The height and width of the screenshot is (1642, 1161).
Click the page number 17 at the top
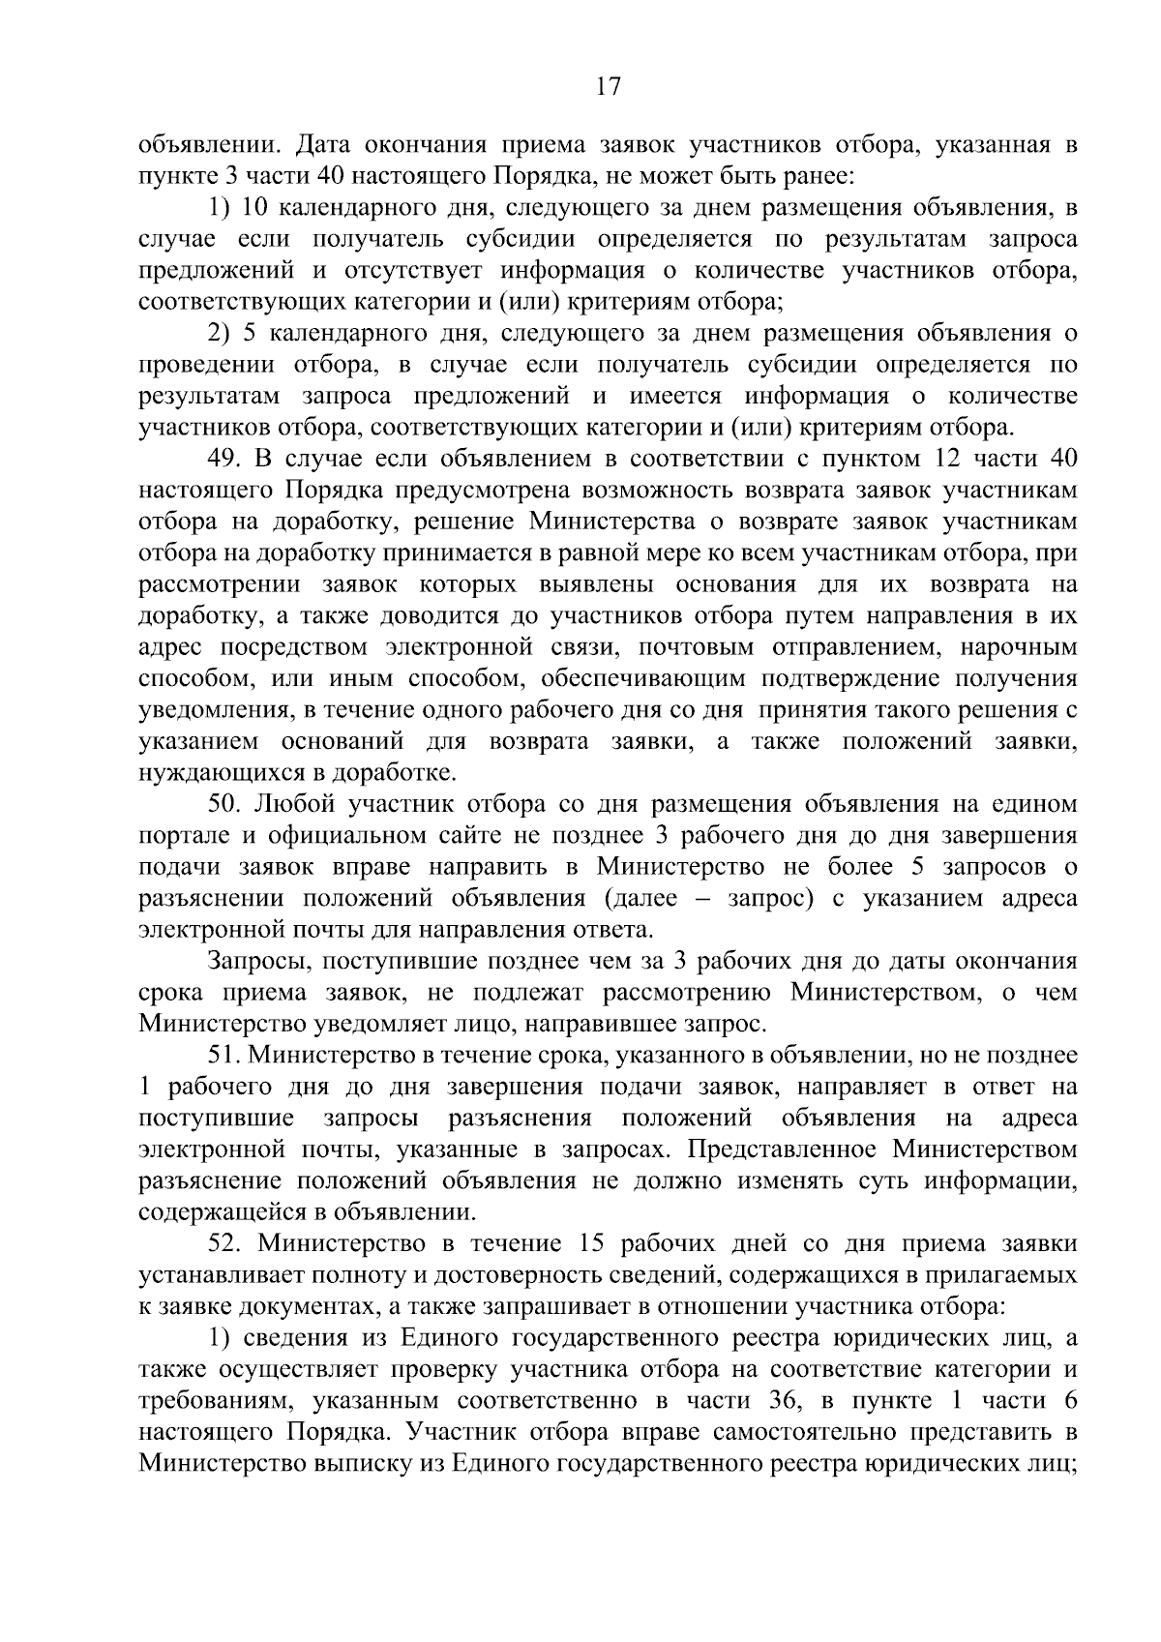[608, 87]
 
